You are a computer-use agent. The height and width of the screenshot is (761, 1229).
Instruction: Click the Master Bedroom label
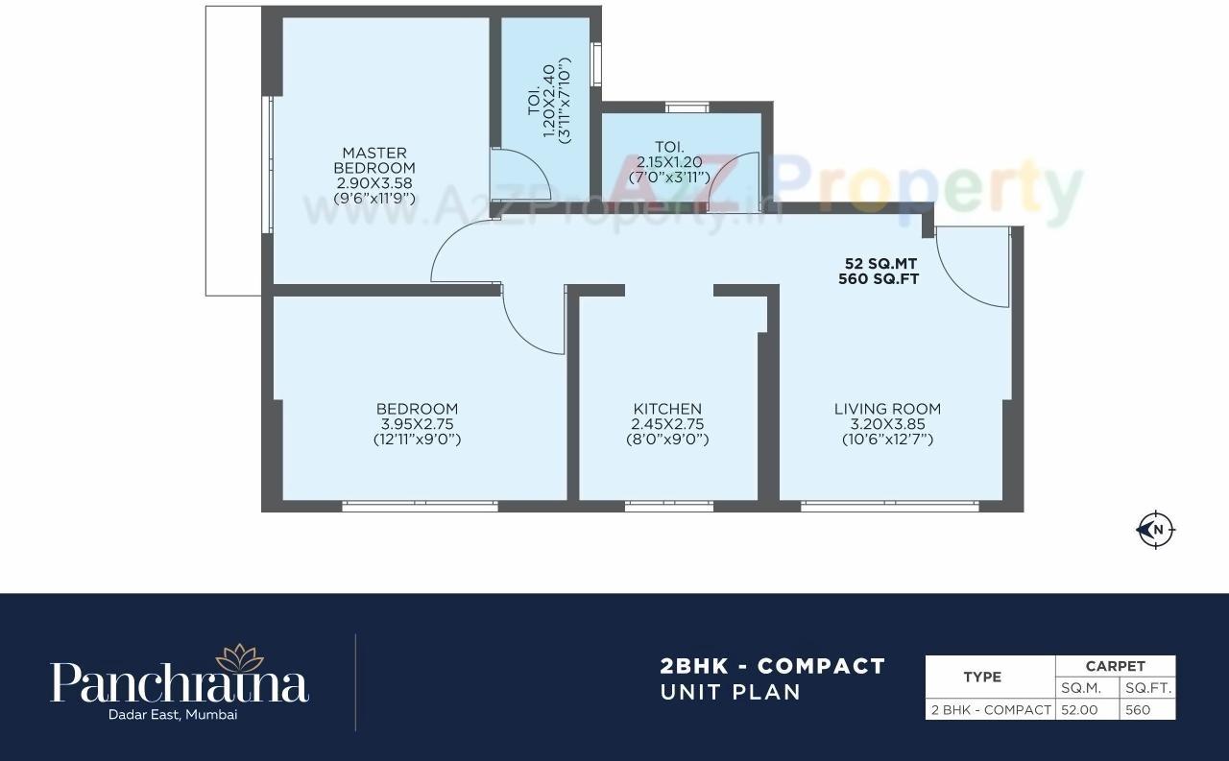click(374, 160)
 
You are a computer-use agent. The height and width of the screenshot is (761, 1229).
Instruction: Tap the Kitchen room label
click(667, 409)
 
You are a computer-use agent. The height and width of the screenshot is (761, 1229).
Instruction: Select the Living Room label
click(887, 409)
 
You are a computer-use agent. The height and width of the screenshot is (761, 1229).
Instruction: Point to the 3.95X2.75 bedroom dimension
click(417, 424)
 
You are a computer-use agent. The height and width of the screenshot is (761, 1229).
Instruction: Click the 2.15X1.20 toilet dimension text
click(669, 162)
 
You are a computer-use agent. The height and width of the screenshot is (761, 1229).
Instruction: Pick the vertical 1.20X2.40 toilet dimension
click(549, 104)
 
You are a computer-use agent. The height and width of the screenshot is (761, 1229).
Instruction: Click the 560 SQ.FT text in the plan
click(882, 279)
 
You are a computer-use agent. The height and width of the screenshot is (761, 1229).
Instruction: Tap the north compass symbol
click(1156, 529)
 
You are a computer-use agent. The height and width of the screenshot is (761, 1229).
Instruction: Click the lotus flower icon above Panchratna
click(239, 657)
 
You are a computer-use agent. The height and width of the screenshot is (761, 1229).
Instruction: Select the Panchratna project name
click(180, 683)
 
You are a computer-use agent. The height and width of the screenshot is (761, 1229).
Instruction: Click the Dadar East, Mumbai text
click(180, 714)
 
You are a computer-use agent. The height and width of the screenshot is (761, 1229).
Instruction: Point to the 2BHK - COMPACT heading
click(772, 666)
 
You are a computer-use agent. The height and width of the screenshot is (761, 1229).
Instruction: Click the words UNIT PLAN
click(730, 692)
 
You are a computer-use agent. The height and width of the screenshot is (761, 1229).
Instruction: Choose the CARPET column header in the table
click(1115, 666)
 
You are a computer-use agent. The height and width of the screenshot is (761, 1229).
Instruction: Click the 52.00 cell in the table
click(1088, 710)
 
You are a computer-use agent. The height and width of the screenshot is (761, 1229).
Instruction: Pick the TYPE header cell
click(982, 677)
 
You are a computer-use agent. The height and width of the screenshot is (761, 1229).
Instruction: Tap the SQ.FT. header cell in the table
click(1148, 688)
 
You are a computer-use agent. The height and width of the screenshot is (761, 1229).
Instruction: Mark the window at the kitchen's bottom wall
click(668, 506)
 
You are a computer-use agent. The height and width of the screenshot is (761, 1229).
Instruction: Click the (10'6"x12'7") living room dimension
click(887, 440)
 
